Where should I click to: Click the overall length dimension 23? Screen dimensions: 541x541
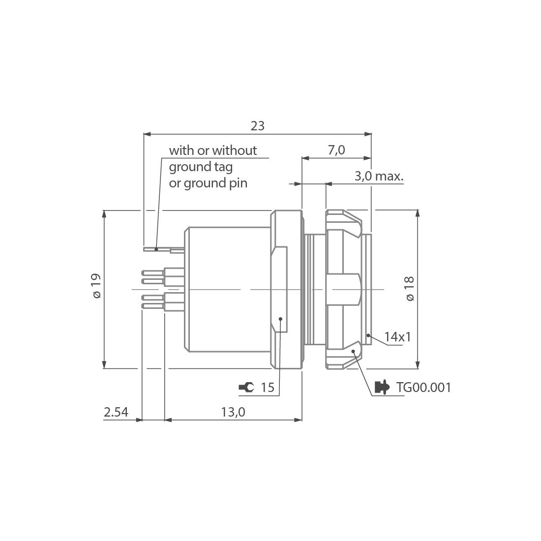(257, 126)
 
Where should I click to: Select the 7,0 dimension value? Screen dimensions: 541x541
(336, 150)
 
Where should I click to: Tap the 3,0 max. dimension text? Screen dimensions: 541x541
(379, 176)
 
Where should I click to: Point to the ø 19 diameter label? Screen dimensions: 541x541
(96, 286)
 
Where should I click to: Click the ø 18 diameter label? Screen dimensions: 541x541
(410, 289)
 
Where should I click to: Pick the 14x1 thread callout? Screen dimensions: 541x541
(397, 337)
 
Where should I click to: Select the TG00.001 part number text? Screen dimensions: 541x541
(423, 388)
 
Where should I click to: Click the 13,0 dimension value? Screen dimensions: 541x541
(233, 412)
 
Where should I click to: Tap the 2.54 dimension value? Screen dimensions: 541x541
(116, 412)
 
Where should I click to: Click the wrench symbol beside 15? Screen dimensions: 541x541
(246, 388)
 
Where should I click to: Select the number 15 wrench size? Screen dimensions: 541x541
(267, 388)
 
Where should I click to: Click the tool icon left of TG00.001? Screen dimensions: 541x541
(382, 388)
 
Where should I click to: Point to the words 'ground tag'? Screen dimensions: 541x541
(201, 167)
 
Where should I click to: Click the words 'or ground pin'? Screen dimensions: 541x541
(208, 183)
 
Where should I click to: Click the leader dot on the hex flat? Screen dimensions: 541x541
(280, 319)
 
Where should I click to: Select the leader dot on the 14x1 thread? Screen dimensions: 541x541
(368, 335)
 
